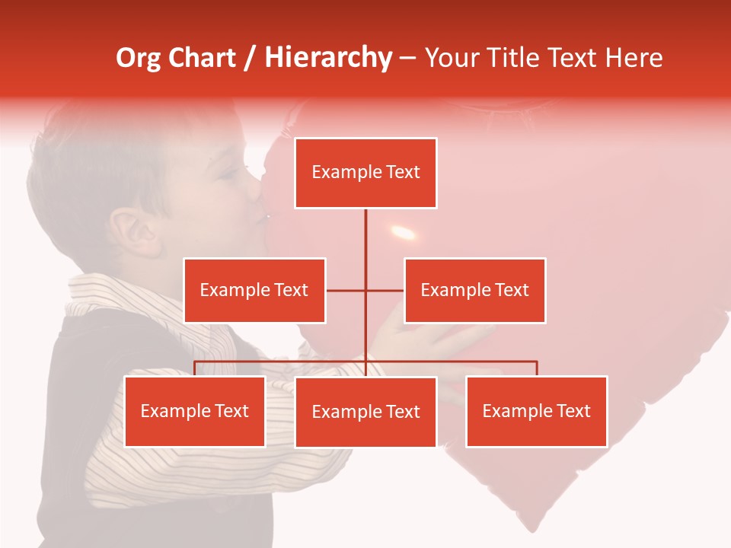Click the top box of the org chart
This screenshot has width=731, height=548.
click(x=365, y=173)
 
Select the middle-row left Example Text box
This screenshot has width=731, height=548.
click(x=254, y=290)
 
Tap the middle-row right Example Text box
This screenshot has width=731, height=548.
click(x=474, y=290)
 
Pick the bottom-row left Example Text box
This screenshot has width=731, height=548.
click(x=195, y=411)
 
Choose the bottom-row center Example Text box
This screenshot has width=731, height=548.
click(x=365, y=412)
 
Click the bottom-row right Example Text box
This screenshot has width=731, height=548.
click(x=536, y=411)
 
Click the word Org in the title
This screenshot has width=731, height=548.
click(x=138, y=58)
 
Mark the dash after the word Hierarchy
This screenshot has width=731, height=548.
click(x=407, y=59)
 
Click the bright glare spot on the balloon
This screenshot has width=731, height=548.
click(x=403, y=232)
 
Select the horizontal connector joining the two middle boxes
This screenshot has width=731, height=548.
click(x=365, y=290)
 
